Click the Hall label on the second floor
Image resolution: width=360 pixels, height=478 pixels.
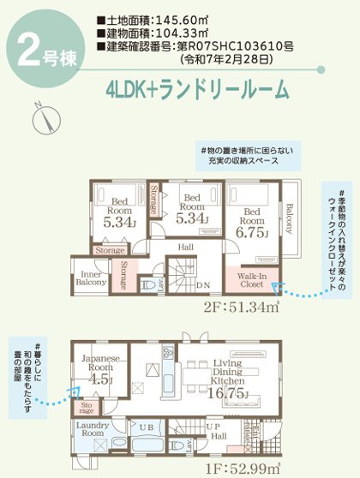point(186,245)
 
